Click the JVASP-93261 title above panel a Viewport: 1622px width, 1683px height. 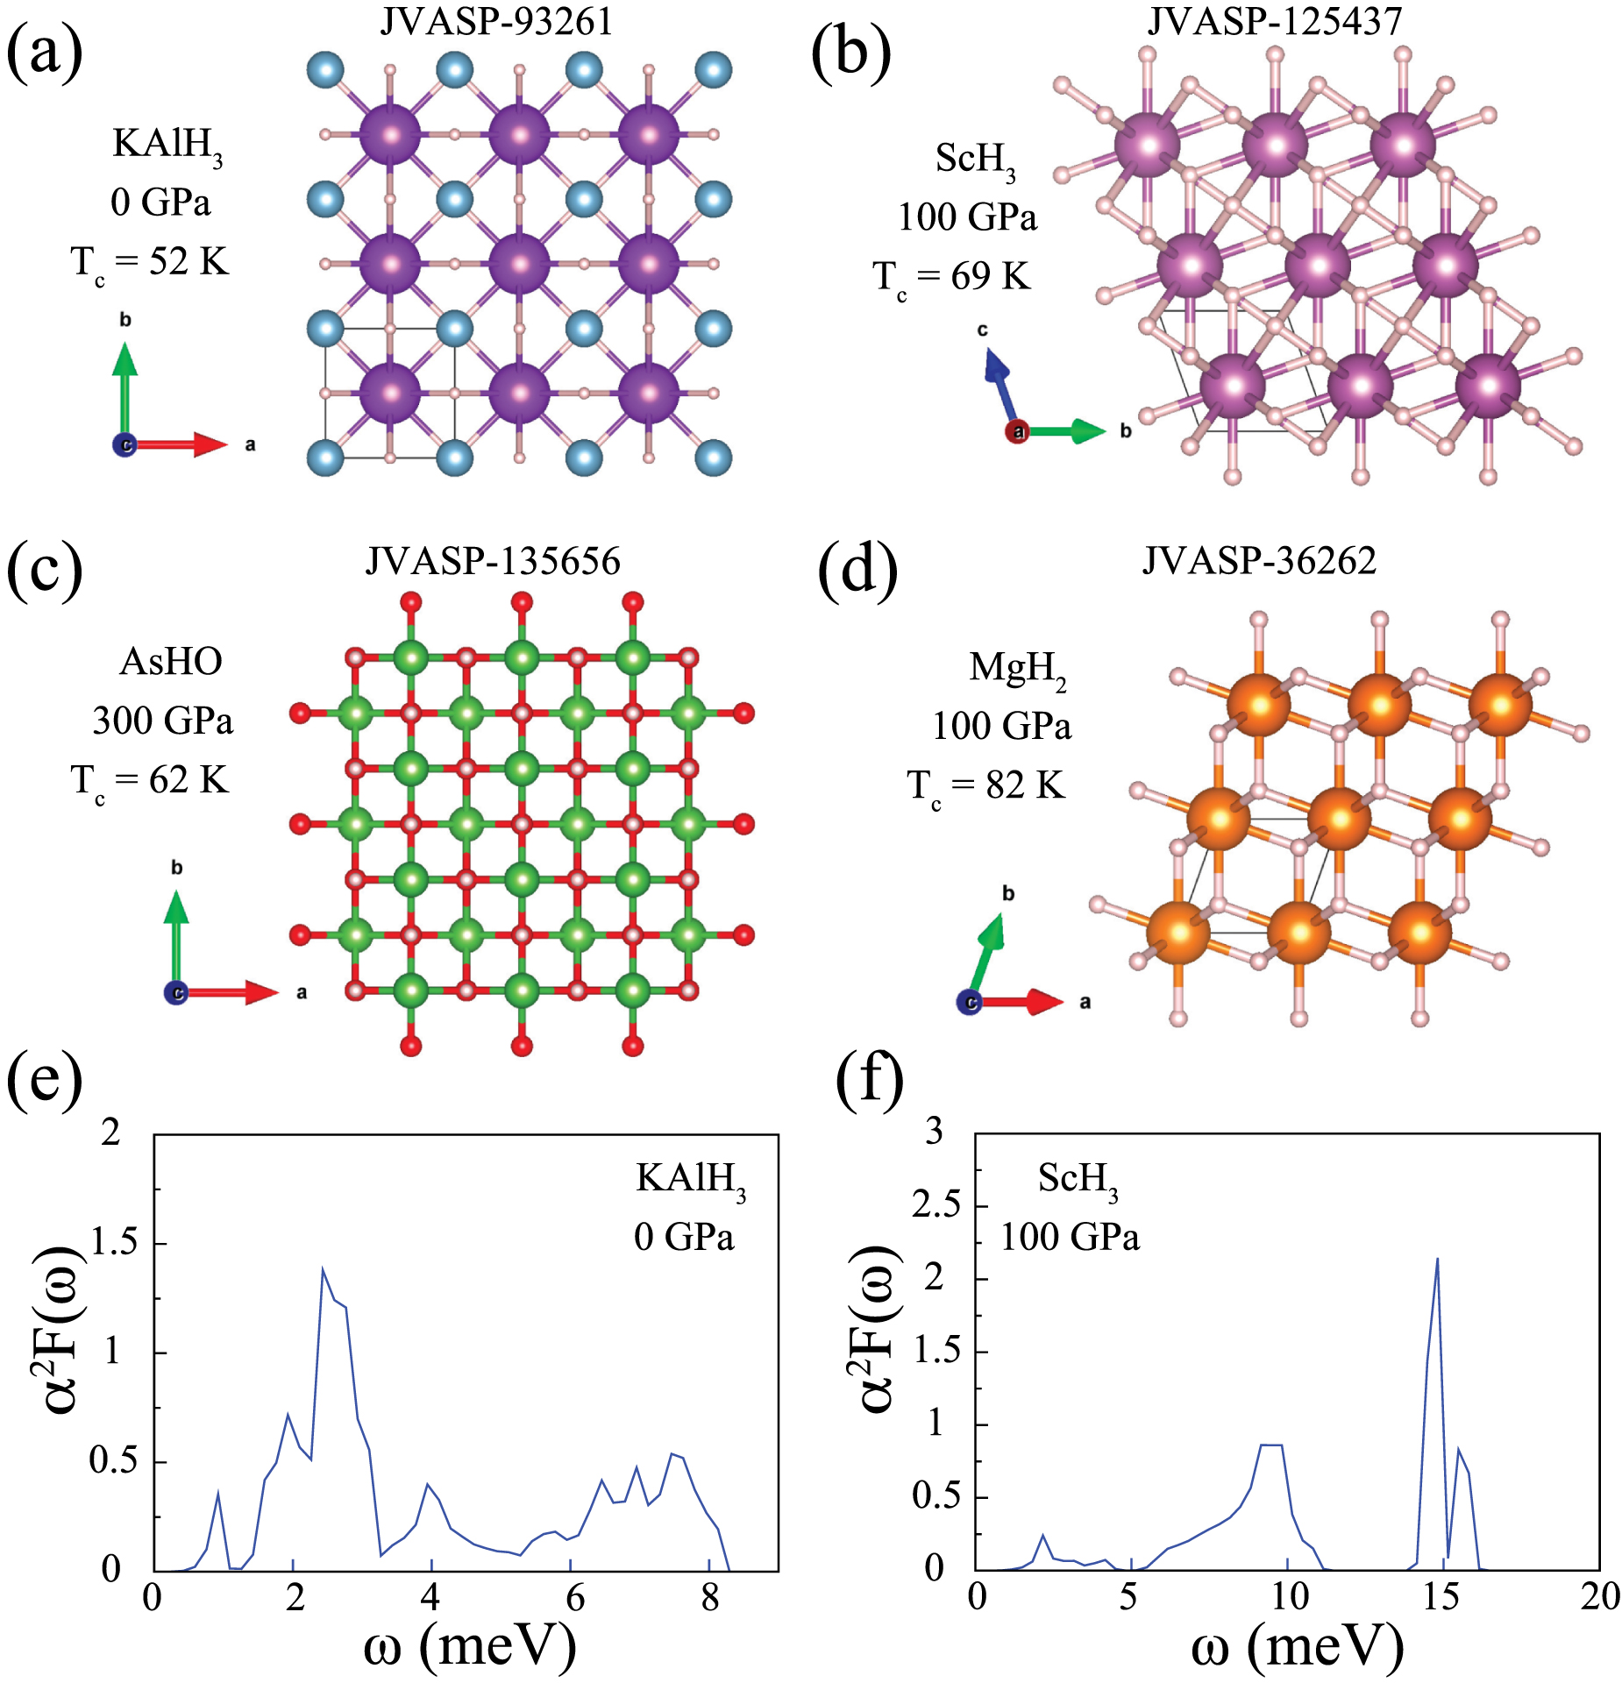tap(496, 21)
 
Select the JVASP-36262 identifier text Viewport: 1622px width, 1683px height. tap(1259, 560)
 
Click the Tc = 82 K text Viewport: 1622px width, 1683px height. tap(986, 785)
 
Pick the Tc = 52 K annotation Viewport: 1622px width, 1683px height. tap(150, 261)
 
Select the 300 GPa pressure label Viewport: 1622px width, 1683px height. tap(163, 721)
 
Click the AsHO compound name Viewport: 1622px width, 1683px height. tap(171, 661)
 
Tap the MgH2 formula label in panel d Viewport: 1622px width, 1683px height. tap(1017, 668)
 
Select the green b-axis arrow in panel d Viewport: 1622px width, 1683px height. tap(987, 954)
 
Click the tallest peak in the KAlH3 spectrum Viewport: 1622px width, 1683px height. tap(323, 1269)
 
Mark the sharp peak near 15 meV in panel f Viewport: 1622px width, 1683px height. tap(1436, 1260)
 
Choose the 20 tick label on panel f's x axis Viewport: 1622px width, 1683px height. tap(1600, 1596)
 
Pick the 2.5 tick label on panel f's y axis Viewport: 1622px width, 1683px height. tap(936, 1205)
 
